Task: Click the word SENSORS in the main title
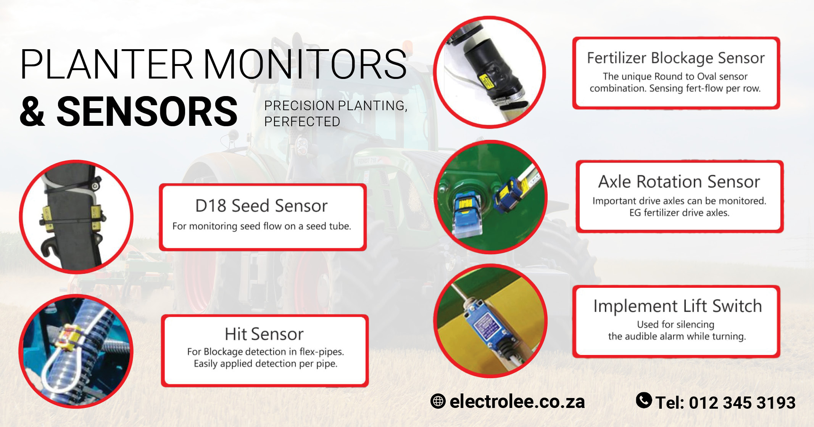147,112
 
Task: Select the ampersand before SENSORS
32,112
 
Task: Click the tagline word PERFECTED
302,122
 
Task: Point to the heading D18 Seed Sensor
261,206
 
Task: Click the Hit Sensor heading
264,334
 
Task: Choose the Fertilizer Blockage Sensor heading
675,58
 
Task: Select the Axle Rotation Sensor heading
679,182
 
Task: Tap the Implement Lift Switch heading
677,306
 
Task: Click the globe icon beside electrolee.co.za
438,401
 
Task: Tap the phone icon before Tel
644,400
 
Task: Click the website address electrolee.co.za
517,401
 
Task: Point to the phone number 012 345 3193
742,403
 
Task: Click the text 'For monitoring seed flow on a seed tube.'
261,226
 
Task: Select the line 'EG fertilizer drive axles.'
679,213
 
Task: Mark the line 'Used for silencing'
675,324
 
